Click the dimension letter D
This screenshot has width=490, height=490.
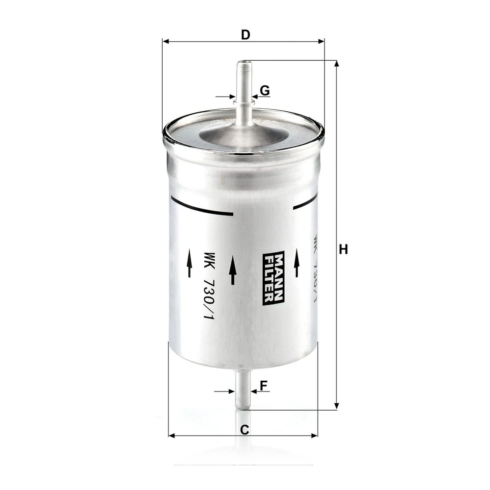(245, 35)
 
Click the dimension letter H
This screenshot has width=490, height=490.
(343, 250)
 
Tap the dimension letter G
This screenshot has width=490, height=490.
(265, 91)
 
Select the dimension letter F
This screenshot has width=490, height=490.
(264, 386)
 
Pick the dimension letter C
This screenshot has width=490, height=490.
(245, 430)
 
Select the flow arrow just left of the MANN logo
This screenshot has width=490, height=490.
(232, 269)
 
